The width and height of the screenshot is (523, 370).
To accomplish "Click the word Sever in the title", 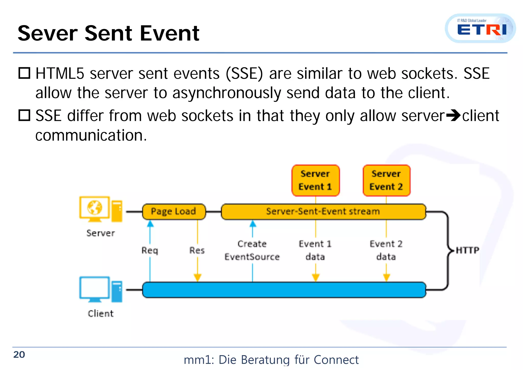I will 47,33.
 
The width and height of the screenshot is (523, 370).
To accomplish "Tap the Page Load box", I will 174,212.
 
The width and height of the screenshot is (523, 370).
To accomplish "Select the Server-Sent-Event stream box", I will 323,212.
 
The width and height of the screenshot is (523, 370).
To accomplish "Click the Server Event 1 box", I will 315,180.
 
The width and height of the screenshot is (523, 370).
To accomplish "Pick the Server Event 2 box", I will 386,180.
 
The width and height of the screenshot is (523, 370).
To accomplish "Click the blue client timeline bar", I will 283,290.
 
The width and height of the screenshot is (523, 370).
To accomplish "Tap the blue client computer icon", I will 101,290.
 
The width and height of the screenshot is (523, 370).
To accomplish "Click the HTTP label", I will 467,250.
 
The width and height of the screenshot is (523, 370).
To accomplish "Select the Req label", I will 150,250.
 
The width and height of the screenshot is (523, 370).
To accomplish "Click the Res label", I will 197,250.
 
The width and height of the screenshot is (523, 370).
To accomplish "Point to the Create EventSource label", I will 252,250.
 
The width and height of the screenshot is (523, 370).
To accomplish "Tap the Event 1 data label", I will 315,250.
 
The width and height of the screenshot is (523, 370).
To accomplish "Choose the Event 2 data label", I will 386,250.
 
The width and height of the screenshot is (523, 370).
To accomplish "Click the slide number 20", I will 19,355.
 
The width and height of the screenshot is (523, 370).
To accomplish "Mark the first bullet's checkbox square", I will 25,73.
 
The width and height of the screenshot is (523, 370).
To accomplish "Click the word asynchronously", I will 226,93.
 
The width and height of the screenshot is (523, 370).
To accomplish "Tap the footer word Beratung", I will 265,360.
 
